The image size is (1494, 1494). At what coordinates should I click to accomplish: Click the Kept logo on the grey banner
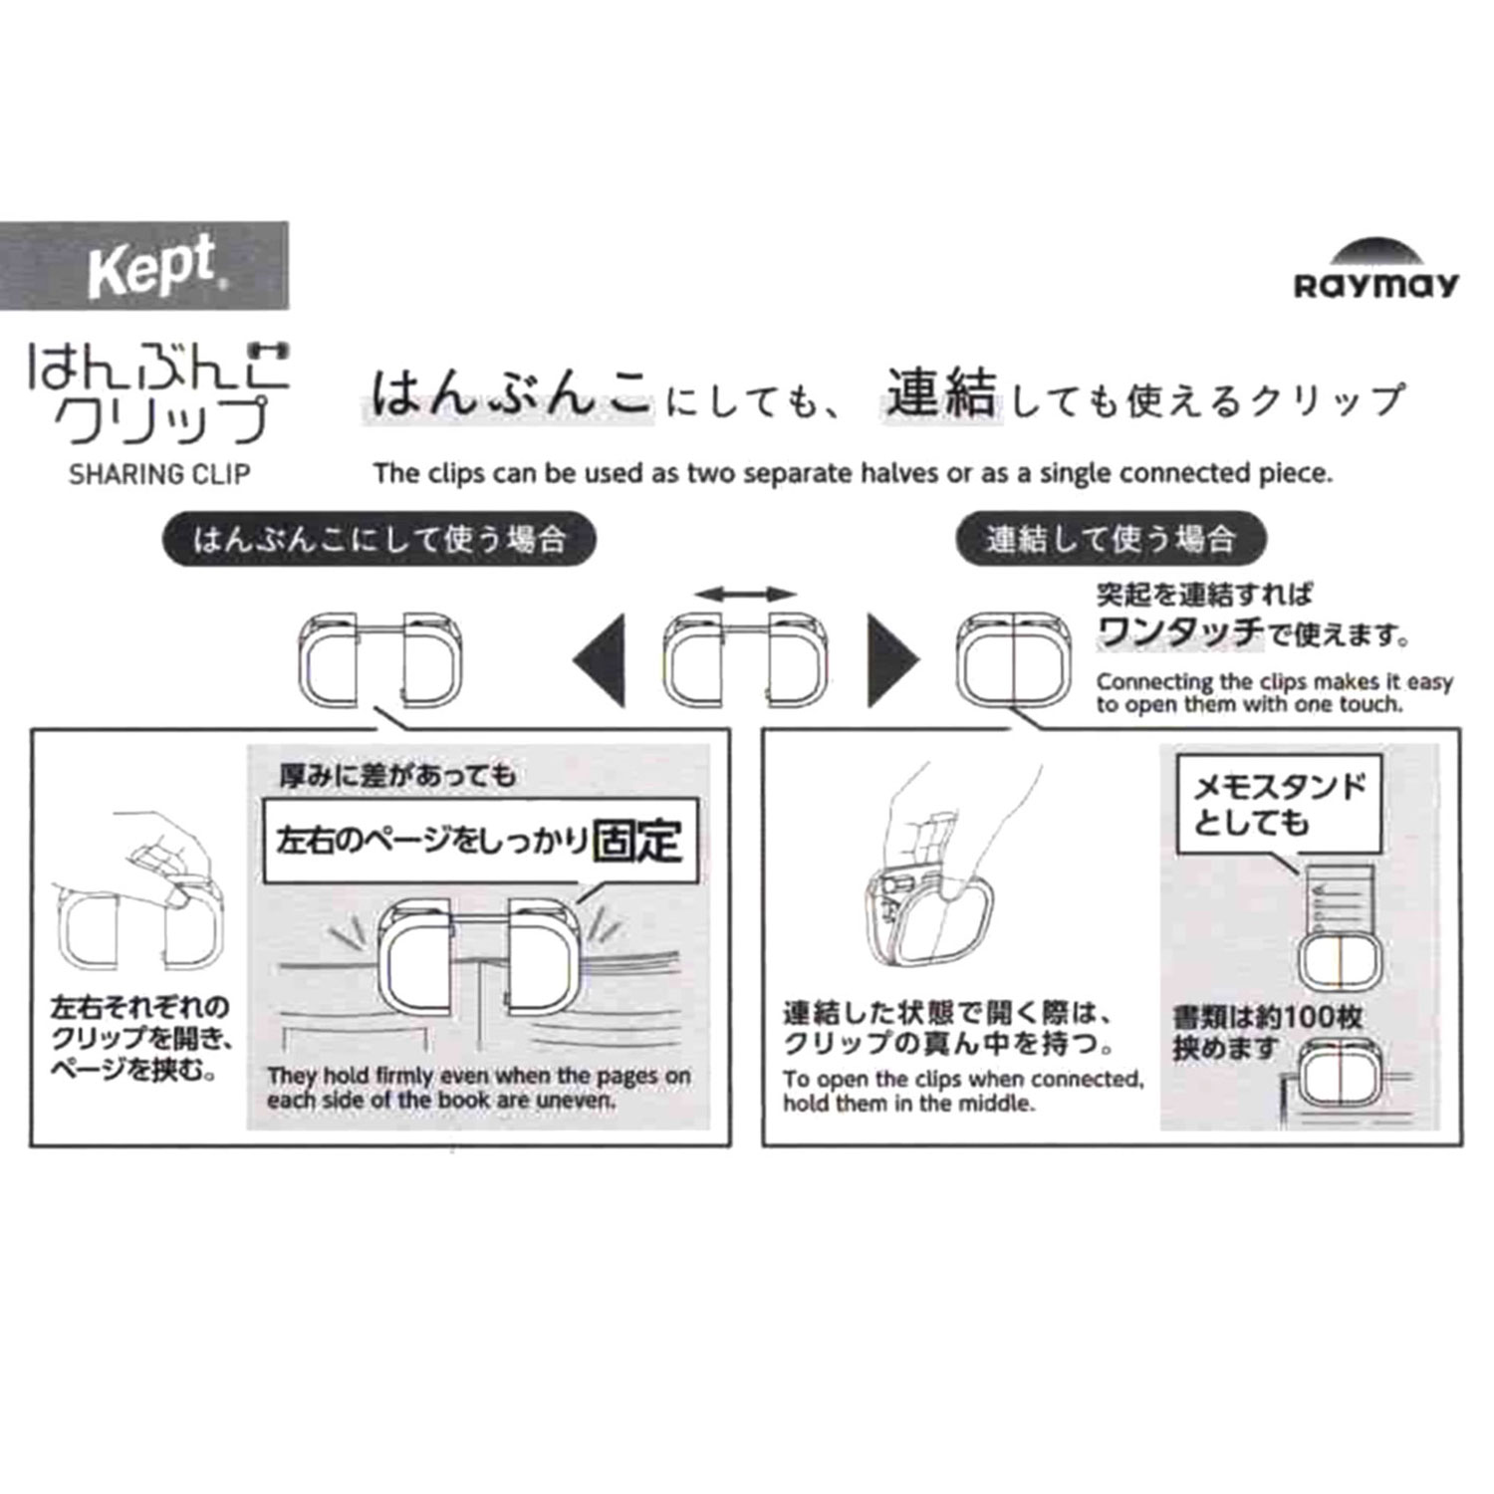152,266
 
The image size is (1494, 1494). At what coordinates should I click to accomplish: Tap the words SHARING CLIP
159,474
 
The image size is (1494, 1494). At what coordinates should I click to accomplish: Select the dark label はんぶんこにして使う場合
379,540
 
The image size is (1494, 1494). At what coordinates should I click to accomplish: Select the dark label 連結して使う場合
1111,540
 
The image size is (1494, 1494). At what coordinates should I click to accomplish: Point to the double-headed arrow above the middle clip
745,595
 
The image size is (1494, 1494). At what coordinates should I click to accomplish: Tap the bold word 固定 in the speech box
637,842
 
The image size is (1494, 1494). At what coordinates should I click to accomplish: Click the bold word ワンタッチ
1180,631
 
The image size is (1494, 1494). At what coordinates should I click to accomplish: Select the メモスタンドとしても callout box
1280,805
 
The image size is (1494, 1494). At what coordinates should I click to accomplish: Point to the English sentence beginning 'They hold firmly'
478,1089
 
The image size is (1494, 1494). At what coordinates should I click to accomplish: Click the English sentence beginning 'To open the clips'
963,1091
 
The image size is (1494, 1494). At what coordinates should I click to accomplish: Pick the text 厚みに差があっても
397,775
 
